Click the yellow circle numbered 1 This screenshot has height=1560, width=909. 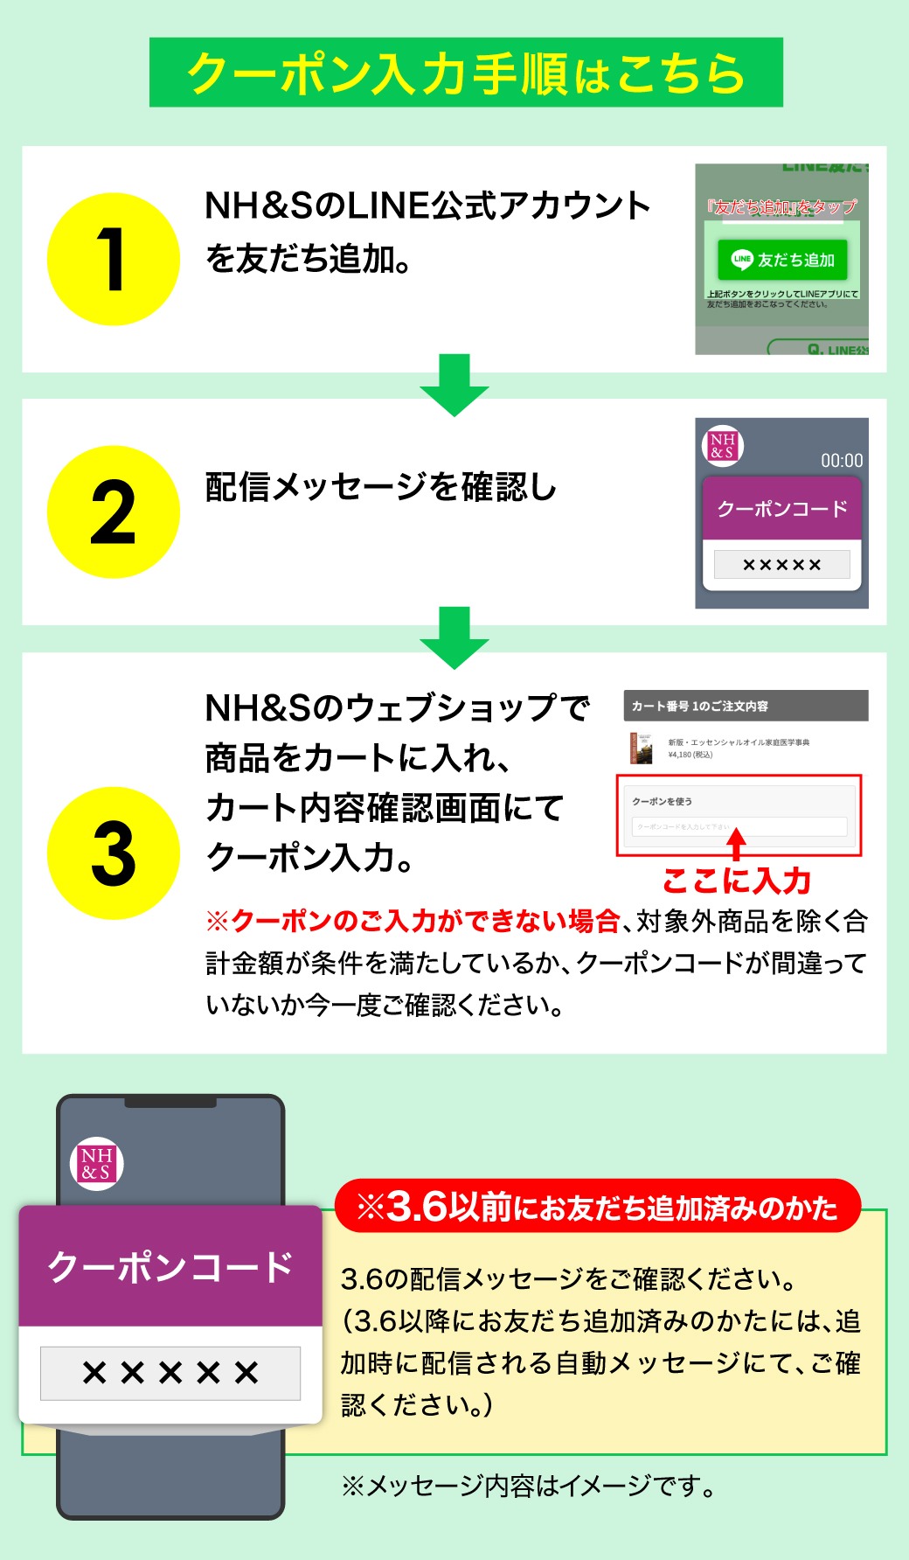pos(113,259)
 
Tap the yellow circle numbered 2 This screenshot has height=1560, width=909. pos(113,512)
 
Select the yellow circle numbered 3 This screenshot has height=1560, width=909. pos(113,853)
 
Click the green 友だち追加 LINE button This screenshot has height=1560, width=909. pos(782,259)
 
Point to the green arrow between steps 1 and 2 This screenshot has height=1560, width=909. pos(454,384)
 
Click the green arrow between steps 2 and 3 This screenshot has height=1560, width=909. pos(454,637)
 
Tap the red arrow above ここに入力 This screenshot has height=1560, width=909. pos(737,843)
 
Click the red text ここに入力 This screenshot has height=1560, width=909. pos(737,881)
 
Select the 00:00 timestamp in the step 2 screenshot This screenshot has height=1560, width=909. pos(841,461)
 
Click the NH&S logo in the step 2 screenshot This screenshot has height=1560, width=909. pos(722,446)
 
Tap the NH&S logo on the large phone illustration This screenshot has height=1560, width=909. pos(96,1164)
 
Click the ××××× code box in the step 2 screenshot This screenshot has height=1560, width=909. pos(781,564)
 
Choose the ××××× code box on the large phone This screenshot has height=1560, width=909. pos(170,1373)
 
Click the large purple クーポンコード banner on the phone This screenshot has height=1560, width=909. pos(170,1266)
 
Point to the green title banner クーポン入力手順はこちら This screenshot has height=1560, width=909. pos(466,73)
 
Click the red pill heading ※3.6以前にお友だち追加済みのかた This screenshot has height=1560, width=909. pos(598,1208)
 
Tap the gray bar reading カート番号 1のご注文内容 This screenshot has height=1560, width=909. pos(746,706)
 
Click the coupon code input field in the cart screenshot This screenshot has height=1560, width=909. pos(739,826)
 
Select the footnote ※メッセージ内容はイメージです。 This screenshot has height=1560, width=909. pos(529,1485)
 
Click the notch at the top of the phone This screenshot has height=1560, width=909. pos(170,1103)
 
